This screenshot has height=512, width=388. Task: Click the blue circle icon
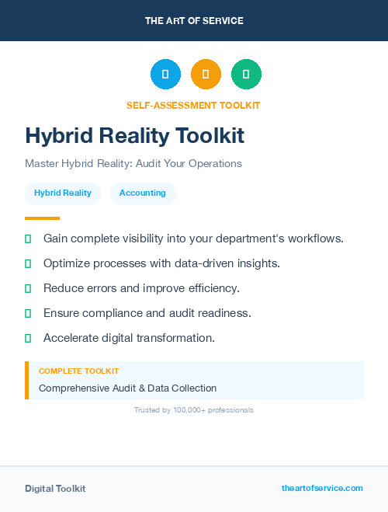165,74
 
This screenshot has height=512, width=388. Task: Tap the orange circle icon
206,74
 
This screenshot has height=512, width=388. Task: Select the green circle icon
246,74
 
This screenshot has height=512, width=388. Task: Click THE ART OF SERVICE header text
194,21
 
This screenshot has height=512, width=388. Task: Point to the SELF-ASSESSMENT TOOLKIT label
193,105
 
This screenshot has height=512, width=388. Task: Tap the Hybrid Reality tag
63,193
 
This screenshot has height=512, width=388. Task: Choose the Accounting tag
143,193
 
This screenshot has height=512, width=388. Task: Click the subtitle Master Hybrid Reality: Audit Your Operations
133,164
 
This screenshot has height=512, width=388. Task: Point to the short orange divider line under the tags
42,218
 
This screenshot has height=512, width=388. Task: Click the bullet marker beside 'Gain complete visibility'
28,239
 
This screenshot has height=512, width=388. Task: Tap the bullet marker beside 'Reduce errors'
28,288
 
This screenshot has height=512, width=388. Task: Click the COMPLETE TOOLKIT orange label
78,371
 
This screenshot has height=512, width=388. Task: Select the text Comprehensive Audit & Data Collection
127,388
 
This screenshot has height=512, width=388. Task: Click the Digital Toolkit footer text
55,489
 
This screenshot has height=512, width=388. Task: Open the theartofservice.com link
322,488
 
